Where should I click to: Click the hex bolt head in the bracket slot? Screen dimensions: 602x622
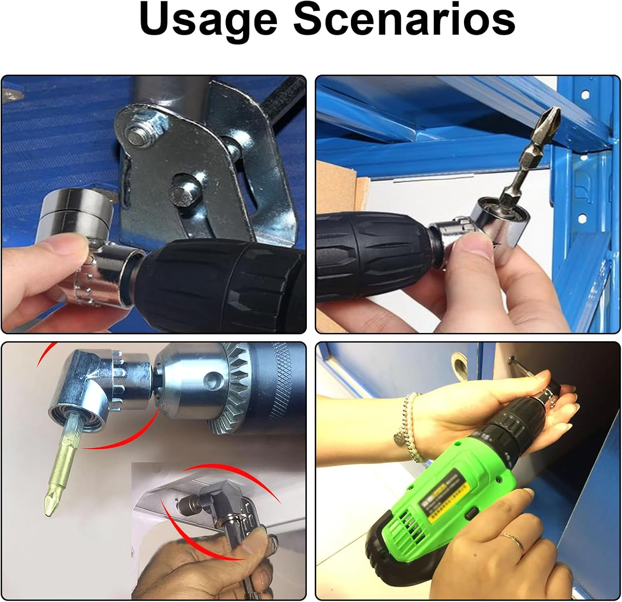pos(182,192)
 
